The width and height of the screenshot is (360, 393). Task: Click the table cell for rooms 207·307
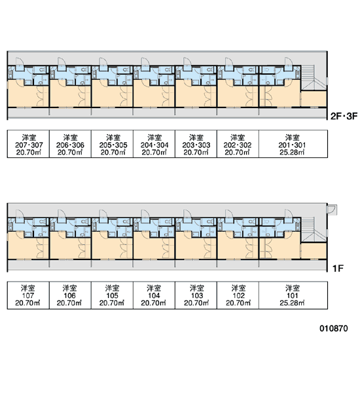point(28,144)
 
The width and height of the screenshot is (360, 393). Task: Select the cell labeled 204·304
point(154,144)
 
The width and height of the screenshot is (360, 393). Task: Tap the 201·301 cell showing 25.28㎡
point(293,144)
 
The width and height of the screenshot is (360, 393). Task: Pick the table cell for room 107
point(28,295)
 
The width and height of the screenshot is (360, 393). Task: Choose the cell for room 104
point(154,295)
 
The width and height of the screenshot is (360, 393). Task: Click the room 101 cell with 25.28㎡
point(293,295)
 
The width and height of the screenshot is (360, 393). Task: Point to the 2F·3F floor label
point(344,117)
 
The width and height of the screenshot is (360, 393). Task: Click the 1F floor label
point(338,269)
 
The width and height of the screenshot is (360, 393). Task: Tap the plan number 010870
point(334,328)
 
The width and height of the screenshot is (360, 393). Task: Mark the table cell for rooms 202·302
point(238,144)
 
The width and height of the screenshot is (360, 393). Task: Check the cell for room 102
point(238,295)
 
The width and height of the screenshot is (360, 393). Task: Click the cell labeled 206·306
point(70,144)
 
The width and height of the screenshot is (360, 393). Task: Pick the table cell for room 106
point(70,295)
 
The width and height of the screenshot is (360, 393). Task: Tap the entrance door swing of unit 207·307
point(20,62)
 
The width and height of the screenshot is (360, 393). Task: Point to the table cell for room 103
point(196,295)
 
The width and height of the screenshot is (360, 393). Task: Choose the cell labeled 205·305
point(112,144)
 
